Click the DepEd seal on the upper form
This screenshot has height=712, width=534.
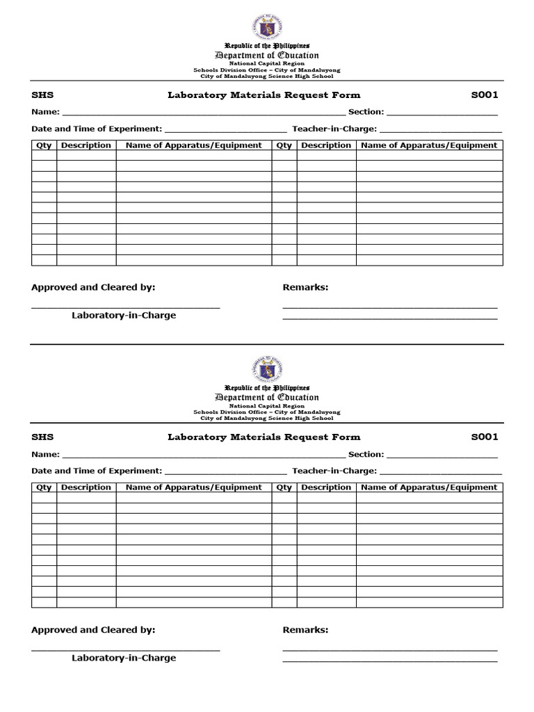coord(267,26)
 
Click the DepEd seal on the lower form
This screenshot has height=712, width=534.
coord(267,369)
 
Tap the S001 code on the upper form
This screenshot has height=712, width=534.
coord(485,95)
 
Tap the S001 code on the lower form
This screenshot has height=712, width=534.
coord(485,437)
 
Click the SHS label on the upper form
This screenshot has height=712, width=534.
coord(42,95)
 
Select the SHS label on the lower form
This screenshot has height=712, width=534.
coord(42,437)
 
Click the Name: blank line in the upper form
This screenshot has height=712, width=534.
coord(204,113)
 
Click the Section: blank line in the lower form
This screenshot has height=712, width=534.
coord(442,455)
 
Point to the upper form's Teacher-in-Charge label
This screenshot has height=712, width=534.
coord(334,129)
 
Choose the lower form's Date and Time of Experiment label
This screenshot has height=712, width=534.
coord(97,471)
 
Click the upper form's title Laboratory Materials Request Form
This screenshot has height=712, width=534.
coord(264,95)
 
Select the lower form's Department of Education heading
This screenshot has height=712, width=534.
coord(267,398)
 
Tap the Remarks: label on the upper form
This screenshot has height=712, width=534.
coord(305,287)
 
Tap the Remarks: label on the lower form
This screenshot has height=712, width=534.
coord(305,630)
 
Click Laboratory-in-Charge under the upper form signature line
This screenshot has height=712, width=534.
coord(124,315)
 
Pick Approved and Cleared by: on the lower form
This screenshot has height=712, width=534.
coord(93,630)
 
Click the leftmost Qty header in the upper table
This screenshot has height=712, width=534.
coord(44,145)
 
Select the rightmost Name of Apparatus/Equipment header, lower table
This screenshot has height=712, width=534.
coord(429,487)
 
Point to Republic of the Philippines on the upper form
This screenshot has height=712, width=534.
coord(267,45)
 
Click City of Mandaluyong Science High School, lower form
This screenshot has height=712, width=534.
coord(267,419)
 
